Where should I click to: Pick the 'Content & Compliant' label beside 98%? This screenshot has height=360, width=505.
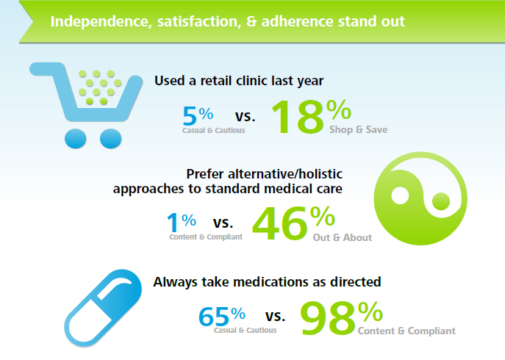406,331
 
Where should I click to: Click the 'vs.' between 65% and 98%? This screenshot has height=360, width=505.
274,317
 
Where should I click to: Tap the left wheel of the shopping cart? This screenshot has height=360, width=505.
76,137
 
